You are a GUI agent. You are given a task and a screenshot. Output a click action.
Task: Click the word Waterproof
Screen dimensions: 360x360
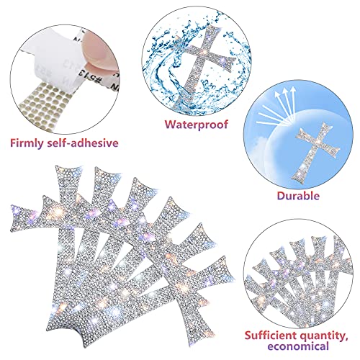197,125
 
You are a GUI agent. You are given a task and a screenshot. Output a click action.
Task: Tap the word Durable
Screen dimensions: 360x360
298,196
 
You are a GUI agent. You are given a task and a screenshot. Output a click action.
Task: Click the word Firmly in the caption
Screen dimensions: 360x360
26,143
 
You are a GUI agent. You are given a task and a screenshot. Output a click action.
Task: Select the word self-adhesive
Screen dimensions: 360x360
83,143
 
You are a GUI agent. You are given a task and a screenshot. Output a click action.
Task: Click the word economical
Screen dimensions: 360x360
298,346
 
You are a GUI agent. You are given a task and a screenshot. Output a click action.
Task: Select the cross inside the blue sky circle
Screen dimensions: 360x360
315,150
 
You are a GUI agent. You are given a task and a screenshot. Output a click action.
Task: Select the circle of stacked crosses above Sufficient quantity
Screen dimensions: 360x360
298,274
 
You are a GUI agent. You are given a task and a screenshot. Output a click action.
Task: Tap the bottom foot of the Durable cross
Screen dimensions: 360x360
297,179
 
